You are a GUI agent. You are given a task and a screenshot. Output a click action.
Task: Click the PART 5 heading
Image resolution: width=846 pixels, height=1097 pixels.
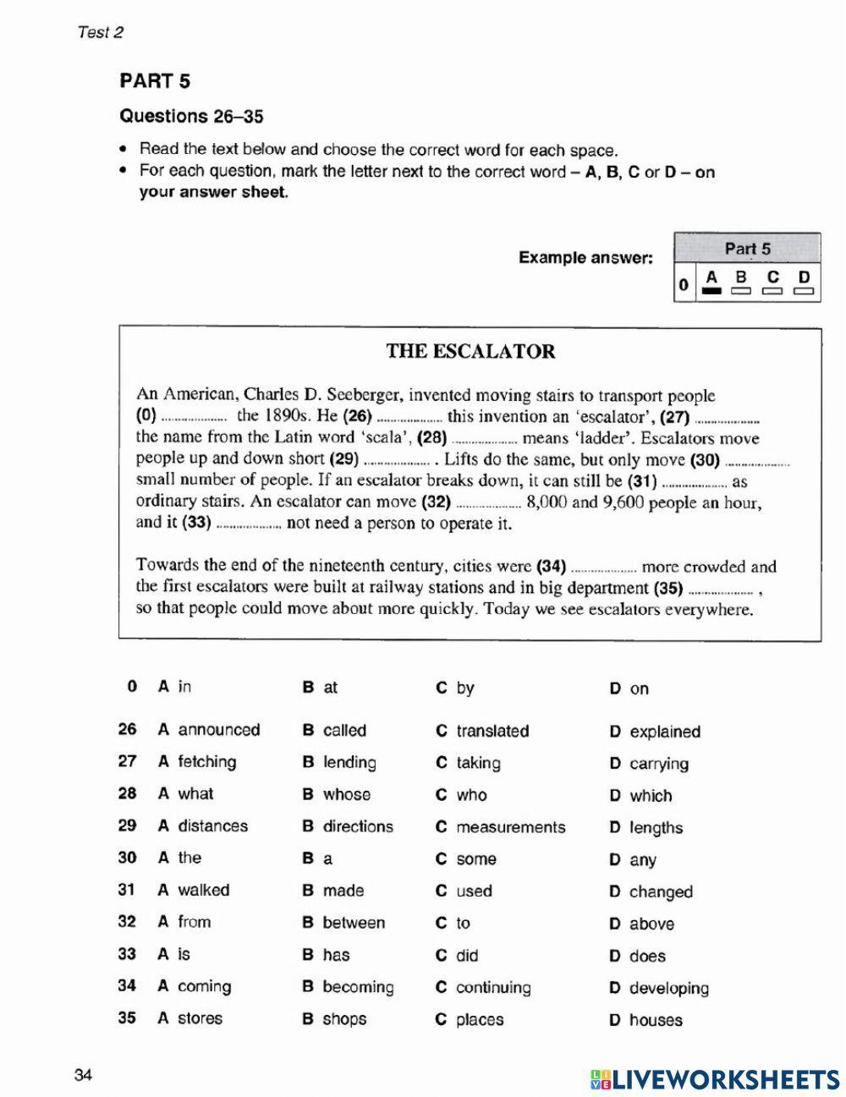pos(155,81)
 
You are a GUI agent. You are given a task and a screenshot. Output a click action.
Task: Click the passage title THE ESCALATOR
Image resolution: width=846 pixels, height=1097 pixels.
pos(470,352)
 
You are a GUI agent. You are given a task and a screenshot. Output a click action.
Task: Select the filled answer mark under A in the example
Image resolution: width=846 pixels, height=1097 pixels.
pos(711,292)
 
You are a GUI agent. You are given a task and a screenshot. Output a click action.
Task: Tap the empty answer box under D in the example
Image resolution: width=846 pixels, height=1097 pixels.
pos(804,292)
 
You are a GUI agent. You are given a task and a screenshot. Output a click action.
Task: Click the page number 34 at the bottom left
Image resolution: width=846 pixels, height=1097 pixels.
pos(83,1076)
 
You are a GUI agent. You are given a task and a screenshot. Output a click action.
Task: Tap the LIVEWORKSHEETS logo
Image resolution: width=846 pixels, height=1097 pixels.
pos(715,1078)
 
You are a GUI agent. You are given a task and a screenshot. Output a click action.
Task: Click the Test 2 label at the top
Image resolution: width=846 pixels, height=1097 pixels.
pos(100,32)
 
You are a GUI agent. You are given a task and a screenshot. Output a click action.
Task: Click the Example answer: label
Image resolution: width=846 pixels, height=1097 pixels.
pos(585,257)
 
